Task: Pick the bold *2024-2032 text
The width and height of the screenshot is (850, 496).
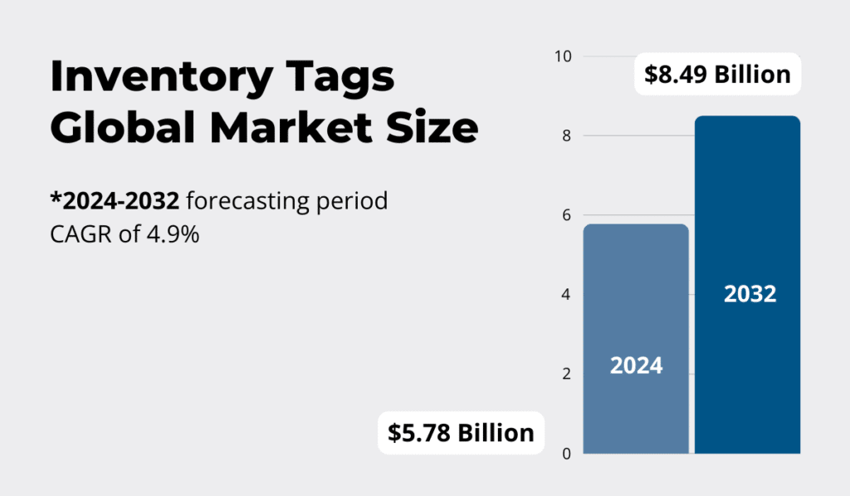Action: [x=115, y=202]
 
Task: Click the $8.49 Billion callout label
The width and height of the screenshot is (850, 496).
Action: [x=717, y=75]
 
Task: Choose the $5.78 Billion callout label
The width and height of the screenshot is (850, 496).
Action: [x=461, y=433]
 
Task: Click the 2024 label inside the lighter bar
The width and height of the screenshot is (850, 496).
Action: [x=636, y=366]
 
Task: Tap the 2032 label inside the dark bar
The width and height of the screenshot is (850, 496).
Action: [x=750, y=294]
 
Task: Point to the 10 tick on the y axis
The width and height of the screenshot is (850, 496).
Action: [x=564, y=56]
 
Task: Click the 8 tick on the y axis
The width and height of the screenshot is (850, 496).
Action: [x=567, y=136]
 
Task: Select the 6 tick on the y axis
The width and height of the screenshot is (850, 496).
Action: [x=567, y=215]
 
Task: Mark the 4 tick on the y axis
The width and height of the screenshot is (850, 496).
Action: [x=567, y=295]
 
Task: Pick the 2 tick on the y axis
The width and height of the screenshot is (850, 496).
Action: [x=567, y=374]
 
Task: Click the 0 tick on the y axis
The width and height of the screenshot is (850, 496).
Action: [x=567, y=454]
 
